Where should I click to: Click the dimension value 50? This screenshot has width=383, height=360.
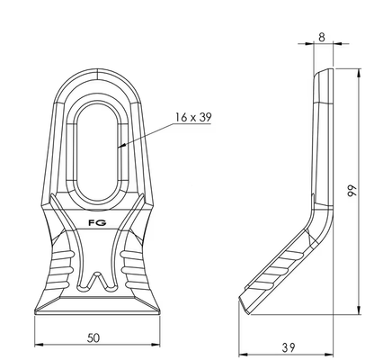94,338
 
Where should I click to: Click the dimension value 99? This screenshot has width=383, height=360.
352,191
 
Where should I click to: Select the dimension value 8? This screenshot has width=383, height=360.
322,38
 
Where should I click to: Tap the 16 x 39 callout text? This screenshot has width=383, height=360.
193,117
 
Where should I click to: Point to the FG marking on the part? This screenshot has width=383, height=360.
98,223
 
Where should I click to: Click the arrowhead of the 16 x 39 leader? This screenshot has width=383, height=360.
121,146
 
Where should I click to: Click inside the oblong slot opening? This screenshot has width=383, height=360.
97,153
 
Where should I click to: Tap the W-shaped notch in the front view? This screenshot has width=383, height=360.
97,282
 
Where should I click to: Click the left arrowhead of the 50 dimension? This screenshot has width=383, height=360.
39,345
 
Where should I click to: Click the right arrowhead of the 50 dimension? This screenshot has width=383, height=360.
156,345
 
